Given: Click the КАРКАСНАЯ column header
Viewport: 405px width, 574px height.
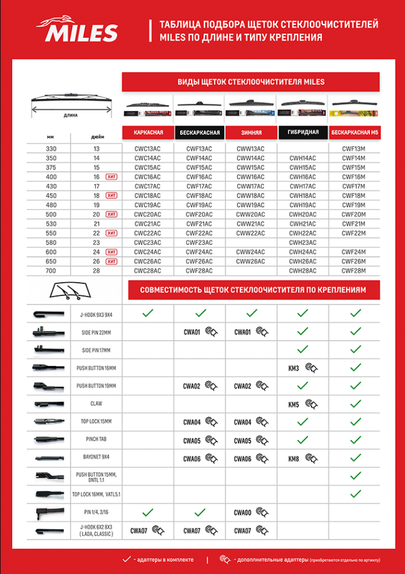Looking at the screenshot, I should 148,132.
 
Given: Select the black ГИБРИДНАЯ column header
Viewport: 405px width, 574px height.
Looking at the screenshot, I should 303,131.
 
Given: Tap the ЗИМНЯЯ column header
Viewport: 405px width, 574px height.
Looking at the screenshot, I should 251,132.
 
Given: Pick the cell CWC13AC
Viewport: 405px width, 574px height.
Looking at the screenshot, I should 148,148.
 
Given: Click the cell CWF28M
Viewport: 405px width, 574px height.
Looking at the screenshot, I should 354,270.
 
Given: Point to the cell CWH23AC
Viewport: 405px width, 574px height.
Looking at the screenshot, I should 303,242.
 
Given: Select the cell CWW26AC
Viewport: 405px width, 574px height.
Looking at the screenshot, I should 251,261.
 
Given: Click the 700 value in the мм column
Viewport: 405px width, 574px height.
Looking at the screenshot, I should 53,270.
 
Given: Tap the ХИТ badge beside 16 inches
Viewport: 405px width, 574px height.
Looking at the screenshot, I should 111,177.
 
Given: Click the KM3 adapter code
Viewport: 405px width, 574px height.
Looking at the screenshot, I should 294,367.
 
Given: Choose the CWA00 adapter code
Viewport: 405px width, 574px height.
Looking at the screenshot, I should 242,512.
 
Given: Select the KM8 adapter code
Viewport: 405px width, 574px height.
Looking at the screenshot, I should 294,459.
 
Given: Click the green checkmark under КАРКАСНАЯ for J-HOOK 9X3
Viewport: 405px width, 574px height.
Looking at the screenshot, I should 148,313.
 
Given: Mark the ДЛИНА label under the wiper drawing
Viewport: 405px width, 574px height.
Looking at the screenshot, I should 71,115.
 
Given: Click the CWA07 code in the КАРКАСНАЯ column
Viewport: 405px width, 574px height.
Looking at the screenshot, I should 139,531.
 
